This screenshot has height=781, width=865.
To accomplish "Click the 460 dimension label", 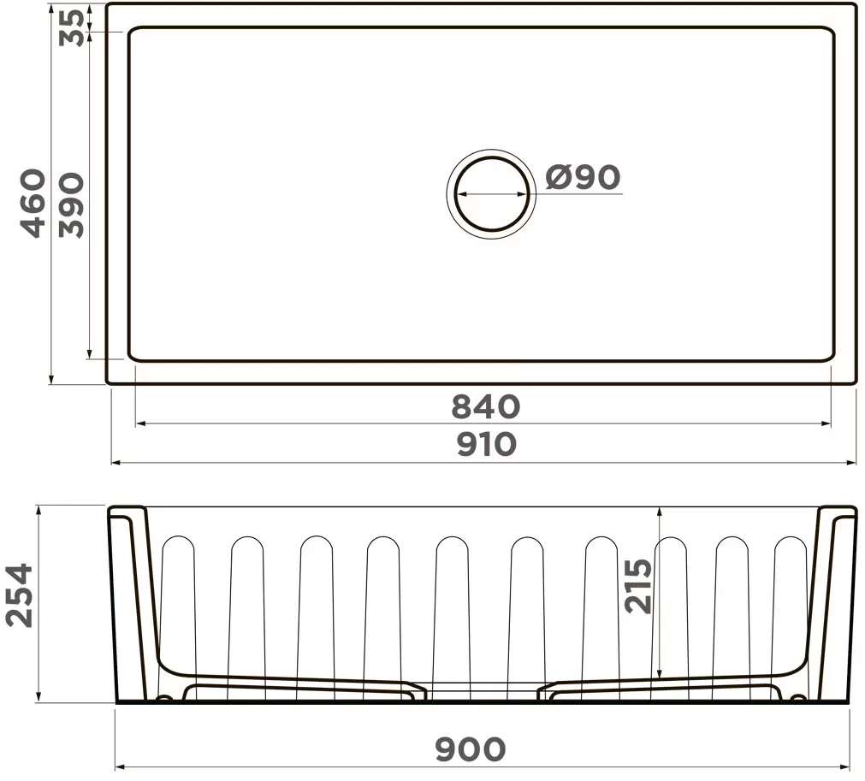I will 33,203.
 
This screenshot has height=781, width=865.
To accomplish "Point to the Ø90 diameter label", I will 583,177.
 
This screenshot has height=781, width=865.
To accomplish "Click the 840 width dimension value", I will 485,406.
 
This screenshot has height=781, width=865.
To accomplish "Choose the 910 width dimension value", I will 485,444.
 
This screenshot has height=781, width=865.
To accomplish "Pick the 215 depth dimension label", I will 638,586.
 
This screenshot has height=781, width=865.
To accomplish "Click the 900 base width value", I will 470,749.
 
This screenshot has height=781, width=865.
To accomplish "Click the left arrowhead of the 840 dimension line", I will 139,423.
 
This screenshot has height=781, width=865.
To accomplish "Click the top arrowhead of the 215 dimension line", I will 659,512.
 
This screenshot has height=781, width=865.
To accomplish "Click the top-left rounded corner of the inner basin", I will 133,34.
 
